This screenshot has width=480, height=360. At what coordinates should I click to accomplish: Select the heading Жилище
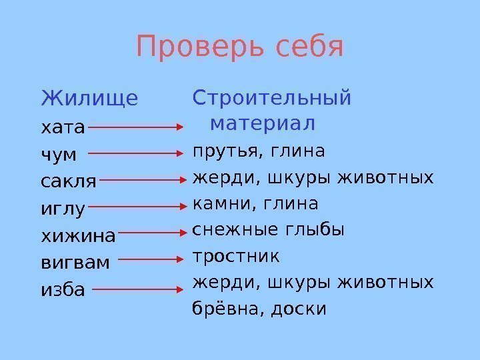pyautogui.click(x=90, y=99)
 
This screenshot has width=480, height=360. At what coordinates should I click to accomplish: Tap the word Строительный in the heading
pyautogui.click(x=271, y=98)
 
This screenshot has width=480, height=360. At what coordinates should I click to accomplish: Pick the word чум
pyautogui.click(x=59, y=154)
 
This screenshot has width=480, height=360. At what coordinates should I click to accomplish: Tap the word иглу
pyautogui.click(x=63, y=209)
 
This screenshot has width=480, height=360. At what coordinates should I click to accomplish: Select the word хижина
pyautogui.click(x=79, y=235)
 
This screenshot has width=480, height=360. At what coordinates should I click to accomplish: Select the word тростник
pyautogui.click(x=236, y=256)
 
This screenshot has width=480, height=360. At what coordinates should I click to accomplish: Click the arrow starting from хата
pyautogui.click(x=136, y=125)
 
